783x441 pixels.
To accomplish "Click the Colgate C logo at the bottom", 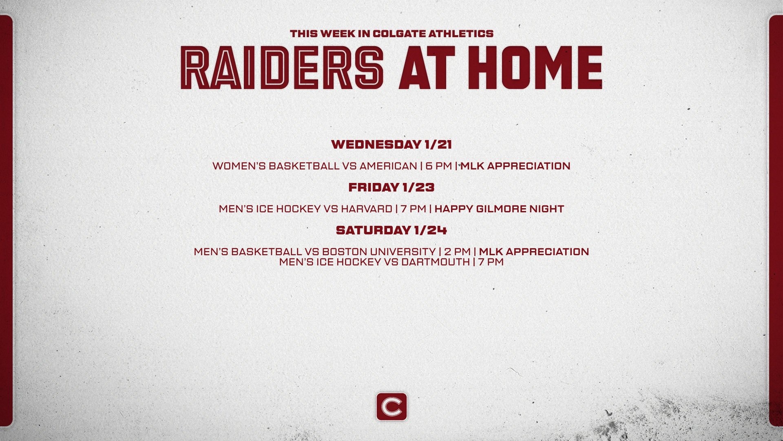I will pos(391,407).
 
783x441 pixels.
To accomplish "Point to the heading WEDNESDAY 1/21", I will pos(391,145).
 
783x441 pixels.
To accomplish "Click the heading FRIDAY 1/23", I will pos(391,187).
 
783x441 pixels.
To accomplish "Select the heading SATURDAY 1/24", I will pos(391,230).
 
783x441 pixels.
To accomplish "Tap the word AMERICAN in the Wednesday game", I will pos(388,166).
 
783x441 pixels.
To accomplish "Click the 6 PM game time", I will pos(439,166).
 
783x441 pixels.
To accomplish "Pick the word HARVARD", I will pos(366,209).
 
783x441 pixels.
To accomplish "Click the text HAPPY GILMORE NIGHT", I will pos(499,209).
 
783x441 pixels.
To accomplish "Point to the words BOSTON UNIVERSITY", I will pos(378,252).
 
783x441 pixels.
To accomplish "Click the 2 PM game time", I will pos(457,252).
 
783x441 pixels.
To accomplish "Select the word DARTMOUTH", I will pos(435,262).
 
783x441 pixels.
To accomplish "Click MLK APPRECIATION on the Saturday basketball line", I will pos(534,252).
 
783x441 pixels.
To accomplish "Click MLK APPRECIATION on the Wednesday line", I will pos(515,166).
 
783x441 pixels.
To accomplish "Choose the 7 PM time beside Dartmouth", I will pos(491,262).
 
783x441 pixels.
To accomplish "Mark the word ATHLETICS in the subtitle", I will pos(460,33).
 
